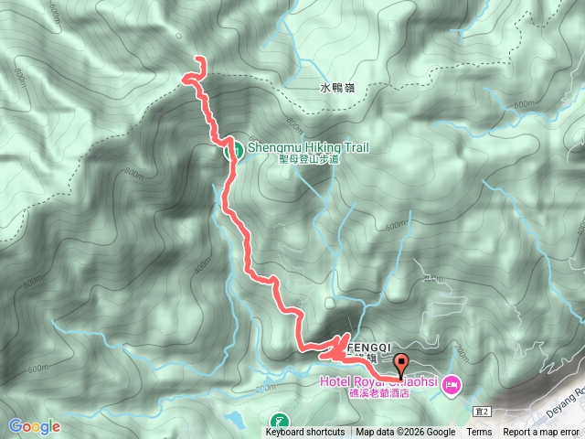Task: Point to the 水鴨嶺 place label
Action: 336,89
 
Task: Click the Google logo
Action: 34,426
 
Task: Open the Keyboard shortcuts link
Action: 305,433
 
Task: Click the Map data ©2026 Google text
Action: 405,433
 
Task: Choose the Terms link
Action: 479,433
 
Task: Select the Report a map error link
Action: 541,433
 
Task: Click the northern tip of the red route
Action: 199,60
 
